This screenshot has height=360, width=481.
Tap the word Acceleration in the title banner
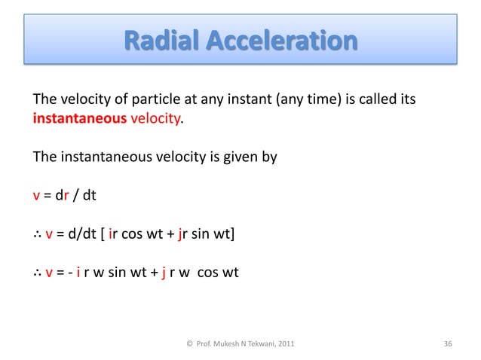[280, 40]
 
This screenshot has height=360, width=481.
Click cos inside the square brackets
[136, 237]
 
